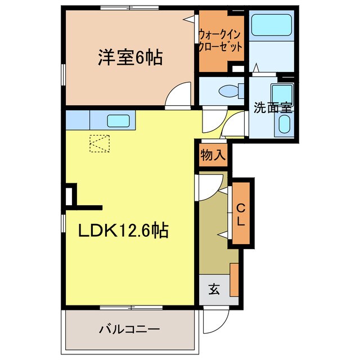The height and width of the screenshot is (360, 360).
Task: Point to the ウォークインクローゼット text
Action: tap(220, 40)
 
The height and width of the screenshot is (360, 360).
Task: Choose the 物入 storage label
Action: tap(213, 155)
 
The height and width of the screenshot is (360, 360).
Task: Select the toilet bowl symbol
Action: tap(230, 91)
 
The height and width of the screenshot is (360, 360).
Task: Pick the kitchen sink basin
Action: tap(119, 120)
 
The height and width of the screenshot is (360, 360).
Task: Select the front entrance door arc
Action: tap(212, 320)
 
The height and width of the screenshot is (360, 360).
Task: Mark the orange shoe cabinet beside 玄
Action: tap(234, 279)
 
